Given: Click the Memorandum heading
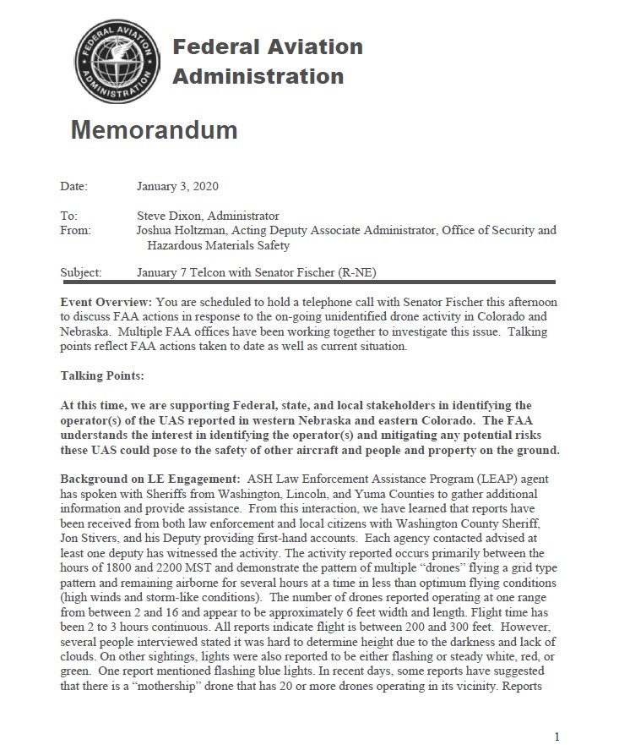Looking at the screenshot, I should (x=154, y=130).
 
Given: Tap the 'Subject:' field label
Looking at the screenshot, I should (x=81, y=273).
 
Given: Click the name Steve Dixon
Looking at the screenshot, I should (x=170, y=216).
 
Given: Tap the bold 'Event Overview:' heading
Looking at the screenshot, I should (x=106, y=302).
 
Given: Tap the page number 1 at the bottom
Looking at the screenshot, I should (x=557, y=736).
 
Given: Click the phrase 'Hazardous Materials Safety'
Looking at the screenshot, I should (x=218, y=245).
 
